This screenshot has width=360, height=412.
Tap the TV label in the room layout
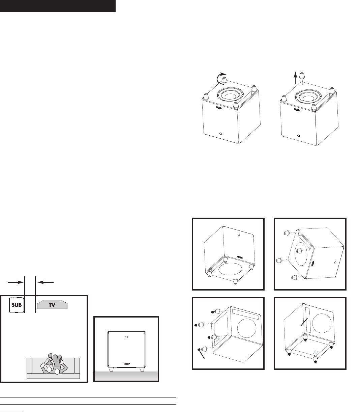[x=53, y=304]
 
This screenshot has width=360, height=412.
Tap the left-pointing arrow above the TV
[x=44, y=281]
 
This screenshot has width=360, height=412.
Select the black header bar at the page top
[x=58, y=6]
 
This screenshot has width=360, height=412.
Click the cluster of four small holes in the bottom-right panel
[x=315, y=352]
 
